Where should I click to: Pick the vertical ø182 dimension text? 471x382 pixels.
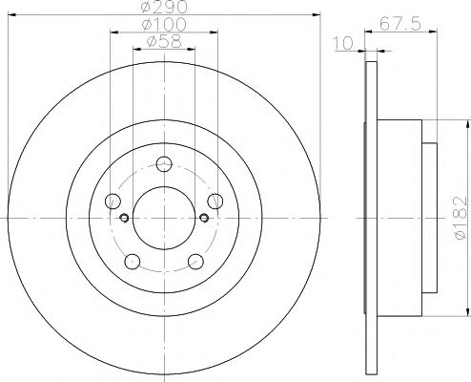point(460,217)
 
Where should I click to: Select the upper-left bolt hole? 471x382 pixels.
point(113,201)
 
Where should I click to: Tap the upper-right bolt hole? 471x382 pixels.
point(215,201)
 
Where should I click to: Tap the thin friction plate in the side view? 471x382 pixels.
point(368,217)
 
